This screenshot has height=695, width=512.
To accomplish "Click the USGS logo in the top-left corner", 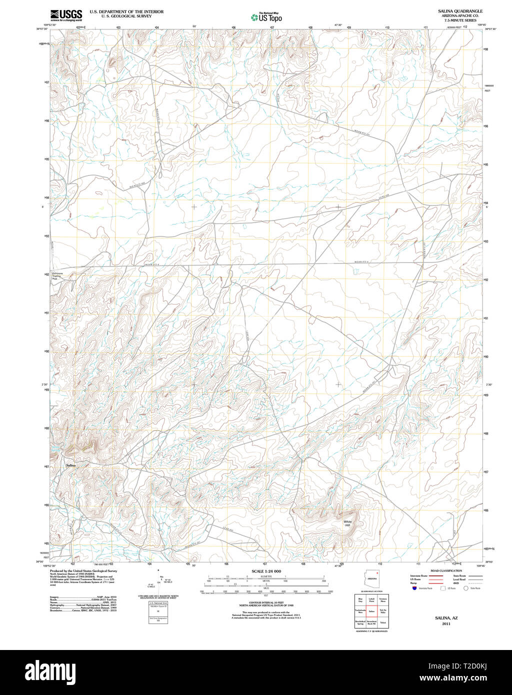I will point(66,15).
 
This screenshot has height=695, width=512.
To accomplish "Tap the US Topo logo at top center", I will point(266,17).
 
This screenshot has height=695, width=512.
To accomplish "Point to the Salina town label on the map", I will point(71,465).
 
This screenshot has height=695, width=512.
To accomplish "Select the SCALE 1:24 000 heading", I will point(266,571).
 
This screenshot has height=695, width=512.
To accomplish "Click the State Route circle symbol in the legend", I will point(466,588).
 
